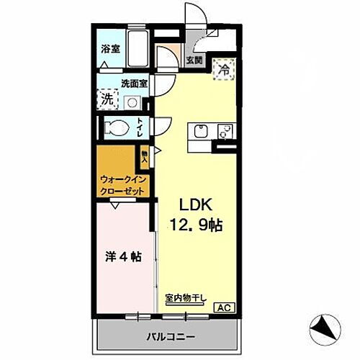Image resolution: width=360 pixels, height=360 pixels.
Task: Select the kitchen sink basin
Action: pyautogui.click(x=199, y=132)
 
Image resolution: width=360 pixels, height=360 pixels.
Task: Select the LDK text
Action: pyautogui.click(x=190, y=204)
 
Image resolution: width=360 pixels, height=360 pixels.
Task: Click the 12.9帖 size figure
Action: pyautogui.click(x=196, y=225)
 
